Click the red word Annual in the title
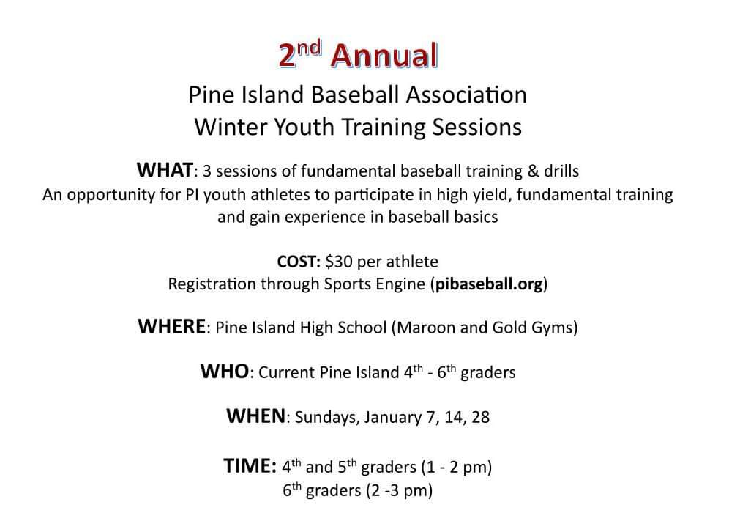385,56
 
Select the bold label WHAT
165,171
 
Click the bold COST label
299,262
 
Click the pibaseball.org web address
490,284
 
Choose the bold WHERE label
171,327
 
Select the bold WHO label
224,372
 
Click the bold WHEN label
255,417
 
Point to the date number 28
481,418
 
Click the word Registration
212,284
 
